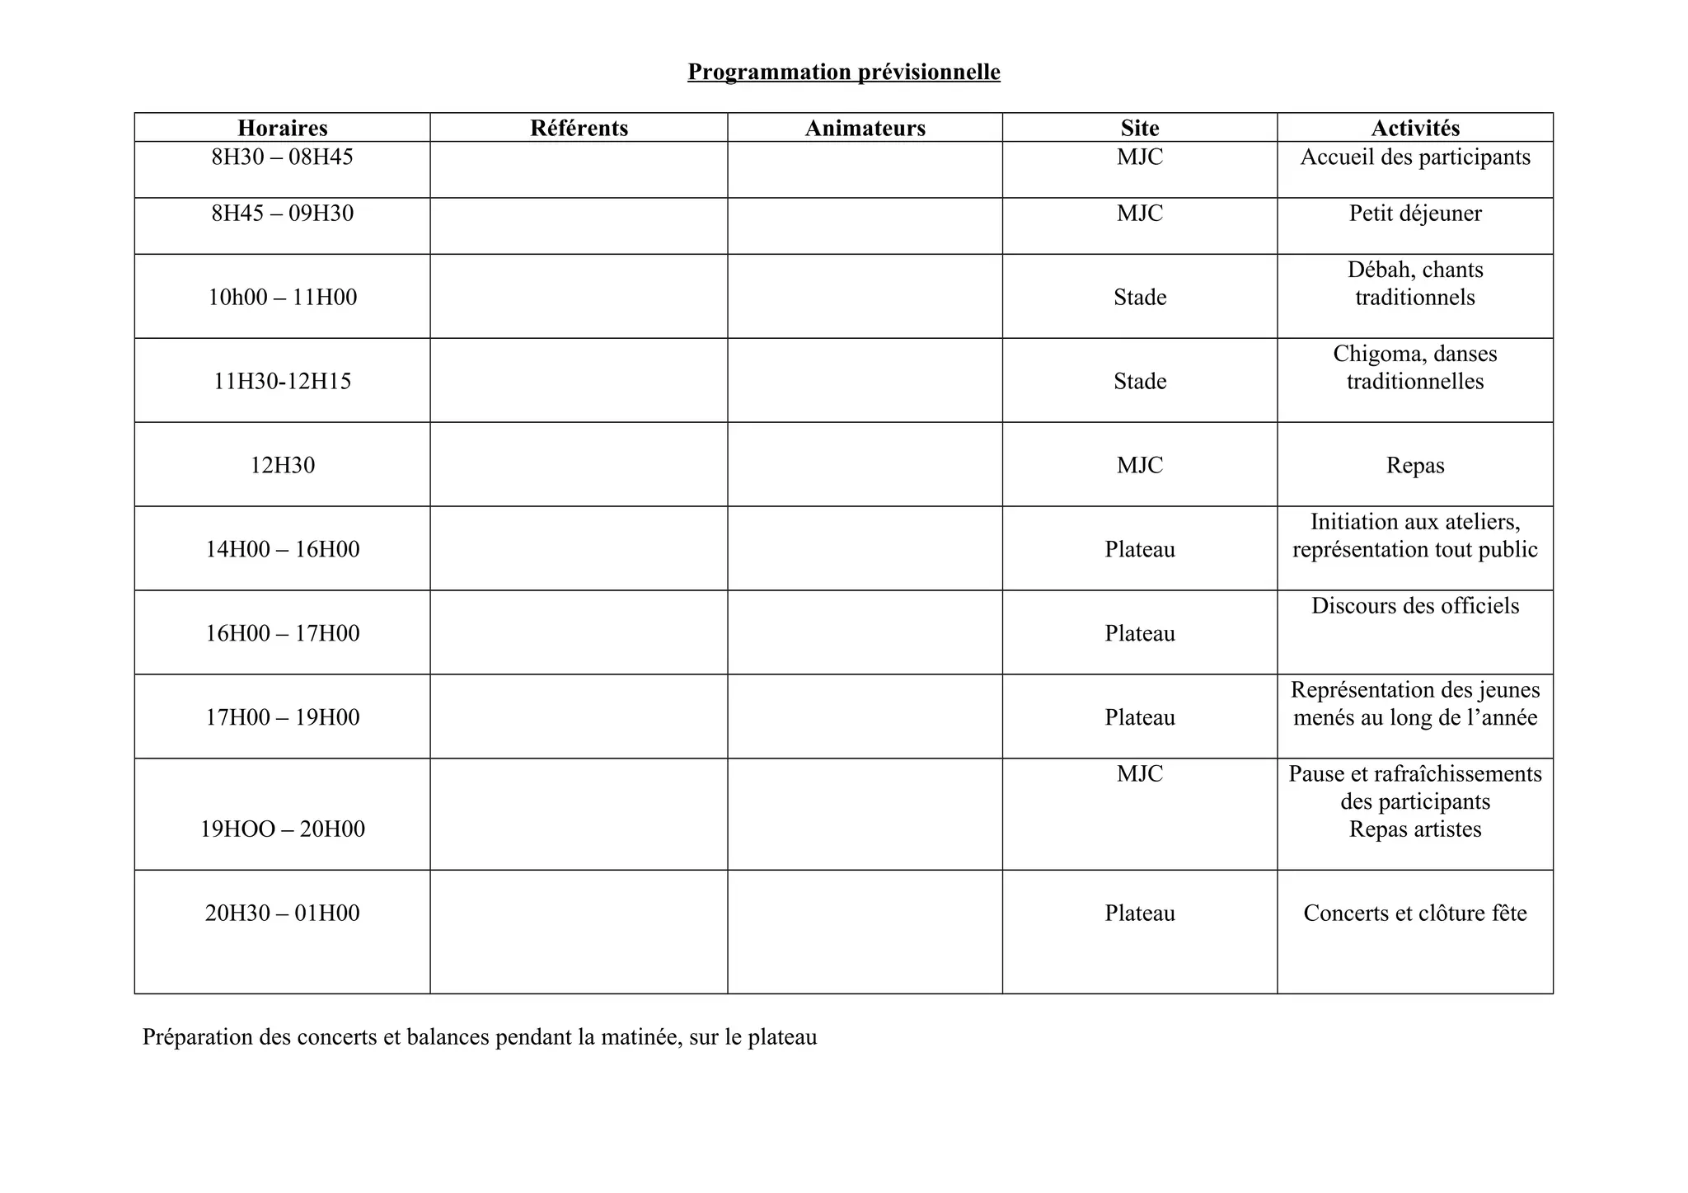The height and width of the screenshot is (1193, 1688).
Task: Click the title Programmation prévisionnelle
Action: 844,73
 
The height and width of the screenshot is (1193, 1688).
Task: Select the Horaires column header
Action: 283,128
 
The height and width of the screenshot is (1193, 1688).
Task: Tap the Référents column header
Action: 579,128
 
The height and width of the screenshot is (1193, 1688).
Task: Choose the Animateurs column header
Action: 865,128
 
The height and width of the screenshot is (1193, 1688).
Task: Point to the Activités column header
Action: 1415,128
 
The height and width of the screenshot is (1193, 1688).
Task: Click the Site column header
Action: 1140,128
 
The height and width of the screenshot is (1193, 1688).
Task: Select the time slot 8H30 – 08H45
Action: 283,157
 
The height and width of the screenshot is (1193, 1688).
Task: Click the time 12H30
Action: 283,465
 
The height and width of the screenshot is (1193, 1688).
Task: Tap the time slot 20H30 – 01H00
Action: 283,913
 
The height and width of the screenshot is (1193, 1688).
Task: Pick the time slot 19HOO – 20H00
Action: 283,829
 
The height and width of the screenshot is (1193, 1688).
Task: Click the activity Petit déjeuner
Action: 1415,214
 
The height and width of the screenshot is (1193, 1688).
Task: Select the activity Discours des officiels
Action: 1415,606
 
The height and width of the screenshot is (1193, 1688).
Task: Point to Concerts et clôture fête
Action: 1415,913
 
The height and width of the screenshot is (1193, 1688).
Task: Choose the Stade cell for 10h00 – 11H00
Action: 1140,297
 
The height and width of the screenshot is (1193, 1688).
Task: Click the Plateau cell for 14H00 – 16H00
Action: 1140,549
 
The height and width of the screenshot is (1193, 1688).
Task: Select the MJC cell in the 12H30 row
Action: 1140,465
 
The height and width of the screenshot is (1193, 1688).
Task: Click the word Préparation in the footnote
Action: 197,1037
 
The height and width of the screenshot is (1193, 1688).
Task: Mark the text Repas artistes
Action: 1415,829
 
